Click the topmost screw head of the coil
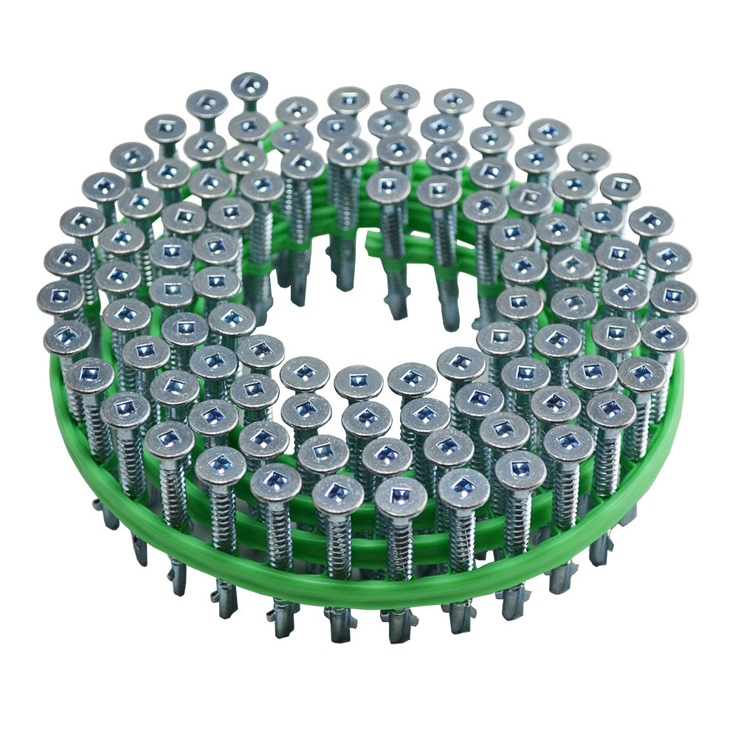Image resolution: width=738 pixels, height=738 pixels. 249,86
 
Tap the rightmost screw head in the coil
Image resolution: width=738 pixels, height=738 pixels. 673,296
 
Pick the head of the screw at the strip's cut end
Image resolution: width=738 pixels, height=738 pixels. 388,186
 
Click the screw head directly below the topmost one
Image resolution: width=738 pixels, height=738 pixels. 249,127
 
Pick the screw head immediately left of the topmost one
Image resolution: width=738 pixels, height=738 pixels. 206,103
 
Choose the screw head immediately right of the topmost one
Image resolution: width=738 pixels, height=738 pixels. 297,111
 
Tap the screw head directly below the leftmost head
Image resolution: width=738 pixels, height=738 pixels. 67,337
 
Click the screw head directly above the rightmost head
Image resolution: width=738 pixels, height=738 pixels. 669,258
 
